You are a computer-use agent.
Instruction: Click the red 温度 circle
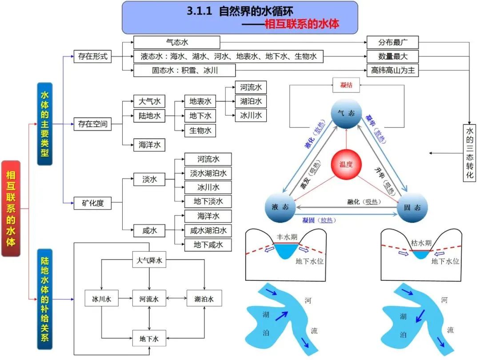[346, 164]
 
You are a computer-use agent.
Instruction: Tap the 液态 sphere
[280, 208]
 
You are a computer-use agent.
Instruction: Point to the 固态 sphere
[412, 208]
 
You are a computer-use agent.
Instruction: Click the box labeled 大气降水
[149, 260]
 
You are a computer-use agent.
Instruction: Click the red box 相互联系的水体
[11, 208]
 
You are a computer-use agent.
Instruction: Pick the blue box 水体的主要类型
[44, 124]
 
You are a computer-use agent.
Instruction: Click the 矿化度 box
[92, 204]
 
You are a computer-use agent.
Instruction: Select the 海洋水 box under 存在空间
[149, 144]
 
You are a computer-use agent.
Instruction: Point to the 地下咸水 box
[208, 244]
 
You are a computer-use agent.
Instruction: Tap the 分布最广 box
[392, 43]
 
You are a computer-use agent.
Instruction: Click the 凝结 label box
[346, 85]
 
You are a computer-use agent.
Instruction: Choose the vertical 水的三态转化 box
[469, 152]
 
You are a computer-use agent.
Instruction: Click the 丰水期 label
[286, 237]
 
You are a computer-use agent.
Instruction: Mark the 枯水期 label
[421, 243]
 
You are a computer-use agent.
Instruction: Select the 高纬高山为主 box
[392, 70]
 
